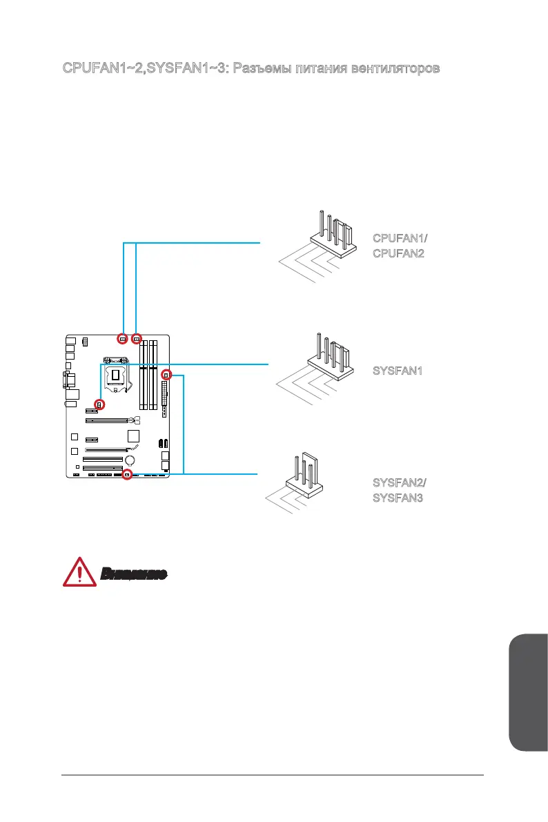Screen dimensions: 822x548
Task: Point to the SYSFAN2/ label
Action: (400, 482)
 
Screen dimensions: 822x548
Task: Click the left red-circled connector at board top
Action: (123, 339)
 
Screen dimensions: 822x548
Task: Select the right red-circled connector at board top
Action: (137, 339)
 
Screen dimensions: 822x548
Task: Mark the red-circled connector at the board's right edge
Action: (166, 375)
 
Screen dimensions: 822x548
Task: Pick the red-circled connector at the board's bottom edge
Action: (127, 475)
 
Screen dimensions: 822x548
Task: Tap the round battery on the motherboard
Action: (130, 460)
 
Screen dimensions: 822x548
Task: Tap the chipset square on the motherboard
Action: (134, 436)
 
